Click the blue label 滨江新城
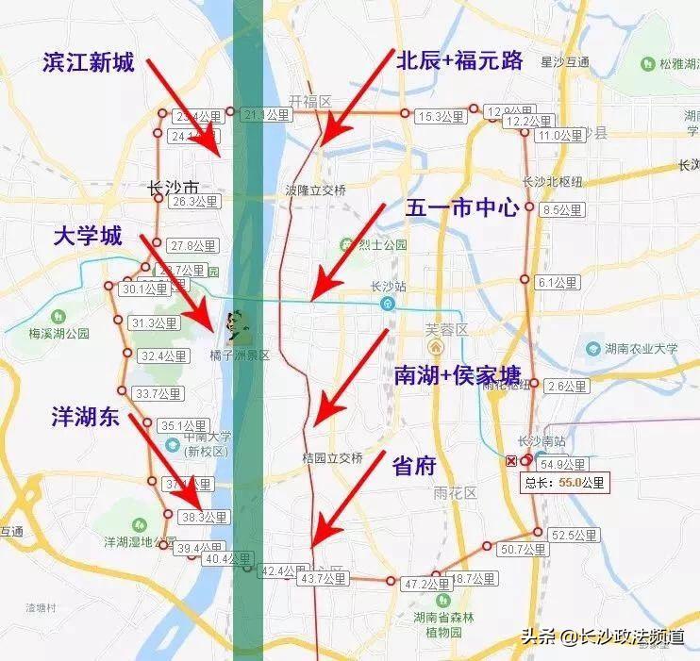(89, 63)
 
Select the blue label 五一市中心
(462, 208)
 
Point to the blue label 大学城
(87, 237)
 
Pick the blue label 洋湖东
(86, 419)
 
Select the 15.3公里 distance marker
(440, 117)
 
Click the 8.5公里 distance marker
(564, 209)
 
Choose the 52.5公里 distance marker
(575, 535)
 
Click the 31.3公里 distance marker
(155, 323)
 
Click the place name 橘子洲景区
(239, 355)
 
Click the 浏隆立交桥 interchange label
(316, 190)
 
